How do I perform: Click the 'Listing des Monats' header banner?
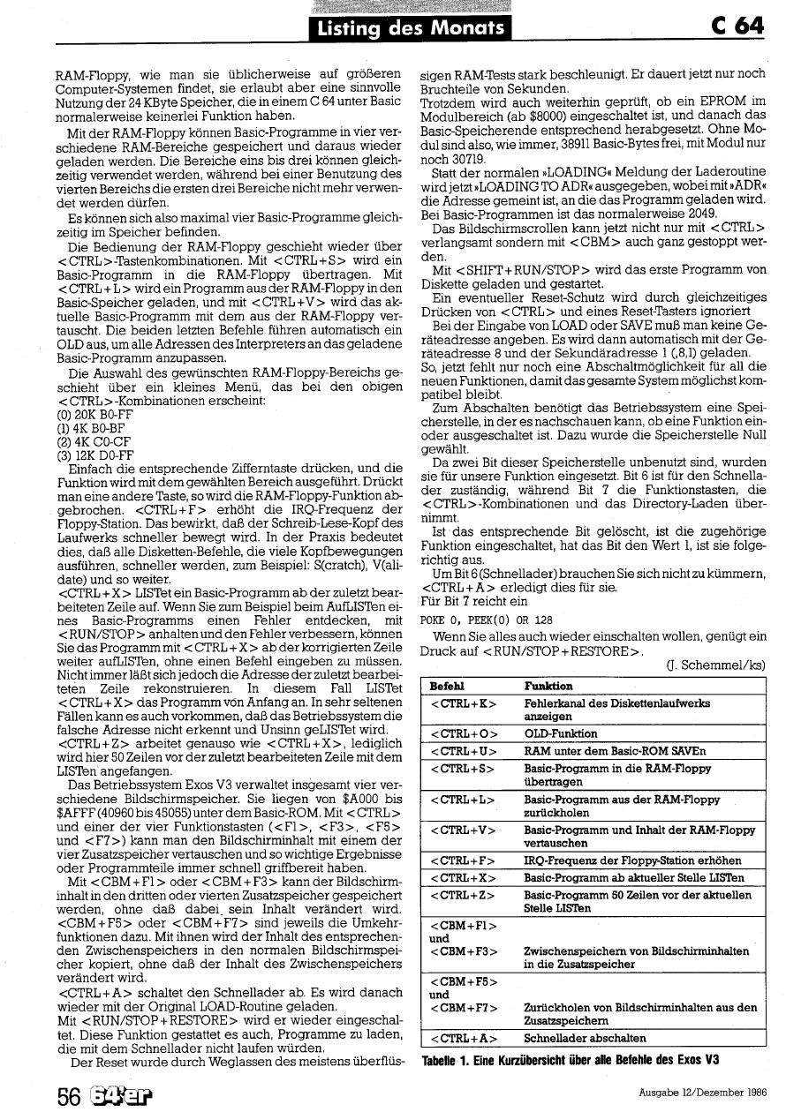point(412,29)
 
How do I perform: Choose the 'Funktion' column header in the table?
point(548,686)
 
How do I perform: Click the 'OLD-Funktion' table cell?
point(560,733)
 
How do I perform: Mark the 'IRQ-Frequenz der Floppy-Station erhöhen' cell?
point(631,861)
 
